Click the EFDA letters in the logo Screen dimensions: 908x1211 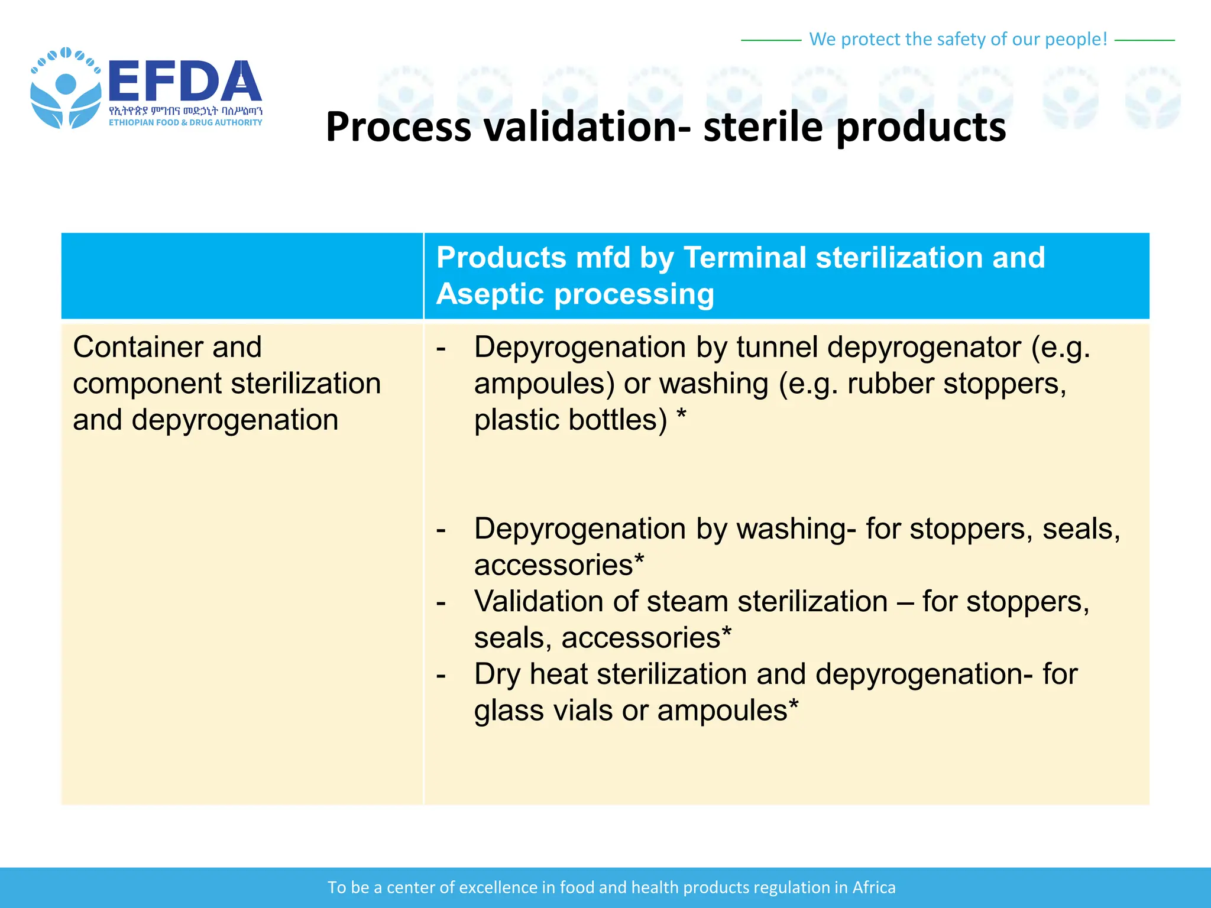tap(184, 82)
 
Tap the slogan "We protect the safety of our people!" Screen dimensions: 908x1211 tap(957, 39)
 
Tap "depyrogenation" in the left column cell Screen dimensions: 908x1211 tap(234, 420)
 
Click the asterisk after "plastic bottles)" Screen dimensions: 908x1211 tap(681, 417)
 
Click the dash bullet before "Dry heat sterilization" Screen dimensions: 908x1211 tap(441, 674)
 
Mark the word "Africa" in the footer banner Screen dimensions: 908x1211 tap(873, 887)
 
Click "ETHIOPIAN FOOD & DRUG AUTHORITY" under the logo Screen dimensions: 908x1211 tap(185, 122)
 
